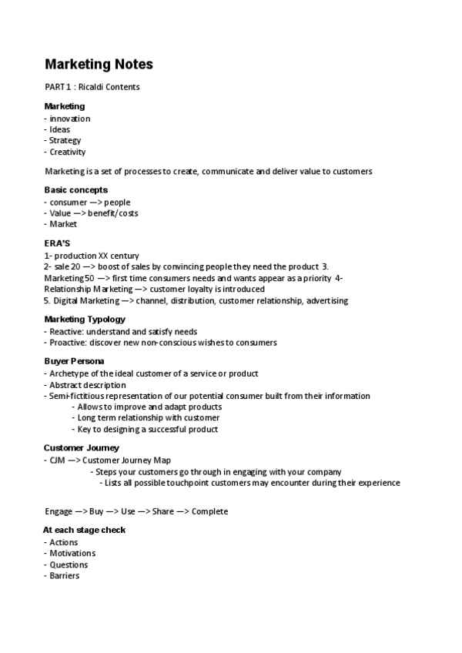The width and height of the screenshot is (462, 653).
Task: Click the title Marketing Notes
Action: click(x=99, y=65)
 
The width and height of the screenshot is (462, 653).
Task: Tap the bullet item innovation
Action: click(x=69, y=119)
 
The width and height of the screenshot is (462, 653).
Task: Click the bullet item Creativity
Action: click(x=67, y=152)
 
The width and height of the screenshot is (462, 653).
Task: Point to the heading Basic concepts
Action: click(x=75, y=189)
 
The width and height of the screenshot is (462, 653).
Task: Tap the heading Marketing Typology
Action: click(x=85, y=320)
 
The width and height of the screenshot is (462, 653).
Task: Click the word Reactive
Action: click(x=65, y=332)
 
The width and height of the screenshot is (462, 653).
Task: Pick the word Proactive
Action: click(x=67, y=343)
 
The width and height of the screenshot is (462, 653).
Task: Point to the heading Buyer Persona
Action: click(x=75, y=360)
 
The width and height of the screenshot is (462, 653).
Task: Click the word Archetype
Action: click(x=69, y=373)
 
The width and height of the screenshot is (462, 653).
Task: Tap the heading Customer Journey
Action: click(x=81, y=447)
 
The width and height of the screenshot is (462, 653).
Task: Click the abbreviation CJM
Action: click(x=57, y=460)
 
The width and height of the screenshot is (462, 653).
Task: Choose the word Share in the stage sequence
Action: click(x=162, y=511)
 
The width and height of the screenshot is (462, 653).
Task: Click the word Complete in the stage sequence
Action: click(x=209, y=511)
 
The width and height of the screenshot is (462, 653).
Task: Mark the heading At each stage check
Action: click(x=84, y=530)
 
